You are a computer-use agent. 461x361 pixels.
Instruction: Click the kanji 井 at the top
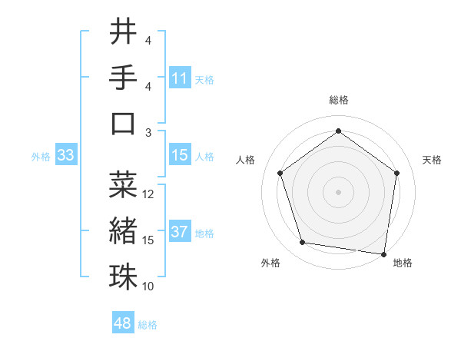[122, 33]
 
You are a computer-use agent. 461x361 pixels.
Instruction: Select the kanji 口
[122, 123]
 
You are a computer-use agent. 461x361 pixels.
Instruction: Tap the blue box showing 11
[180, 78]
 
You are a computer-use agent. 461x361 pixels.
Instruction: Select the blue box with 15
[180, 156]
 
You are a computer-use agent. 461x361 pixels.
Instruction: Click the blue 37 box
[180, 232]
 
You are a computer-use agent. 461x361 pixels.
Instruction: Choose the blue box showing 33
[66, 156]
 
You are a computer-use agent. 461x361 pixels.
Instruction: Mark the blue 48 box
[123, 323]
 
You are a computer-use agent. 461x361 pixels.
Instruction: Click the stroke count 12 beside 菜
[149, 194]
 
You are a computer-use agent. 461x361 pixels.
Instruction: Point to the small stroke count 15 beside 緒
[149, 240]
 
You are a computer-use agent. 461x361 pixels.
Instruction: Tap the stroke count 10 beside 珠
[149, 286]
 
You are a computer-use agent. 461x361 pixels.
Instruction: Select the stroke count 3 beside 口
[148, 132]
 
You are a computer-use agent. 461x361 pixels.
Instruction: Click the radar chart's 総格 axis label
[338, 100]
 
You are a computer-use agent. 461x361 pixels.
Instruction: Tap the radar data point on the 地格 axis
[383, 253]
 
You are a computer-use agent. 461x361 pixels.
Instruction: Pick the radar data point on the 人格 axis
[280, 173]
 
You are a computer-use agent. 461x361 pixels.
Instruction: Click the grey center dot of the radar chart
[338, 191]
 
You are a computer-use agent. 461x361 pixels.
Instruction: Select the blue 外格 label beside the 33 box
[41, 157]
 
